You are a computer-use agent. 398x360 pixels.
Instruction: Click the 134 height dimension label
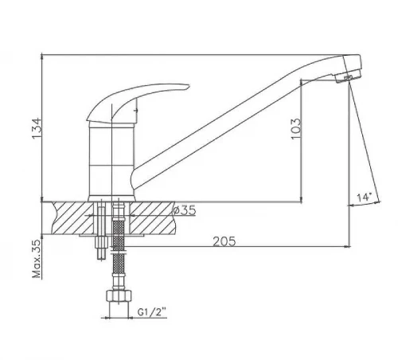pyautogui.click(x=37, y=128)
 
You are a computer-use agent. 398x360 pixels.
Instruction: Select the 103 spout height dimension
pyautogui.click(x=296, y=129)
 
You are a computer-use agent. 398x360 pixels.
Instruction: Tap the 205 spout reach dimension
pyautogui.click(x=224, y=241)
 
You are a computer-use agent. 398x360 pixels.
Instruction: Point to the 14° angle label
pyautogui.click(x=364, y=198)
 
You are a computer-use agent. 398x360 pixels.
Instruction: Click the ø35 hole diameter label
pyautogui.click(x=185, y=210)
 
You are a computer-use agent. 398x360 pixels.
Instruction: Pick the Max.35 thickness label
pyautogui.click(x=37, y=259)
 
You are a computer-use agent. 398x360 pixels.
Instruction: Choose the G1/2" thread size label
pyautogui.click(x=152, y=312)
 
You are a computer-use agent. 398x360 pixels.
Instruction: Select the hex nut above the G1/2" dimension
pyautogui.click(x=119, y=296)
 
